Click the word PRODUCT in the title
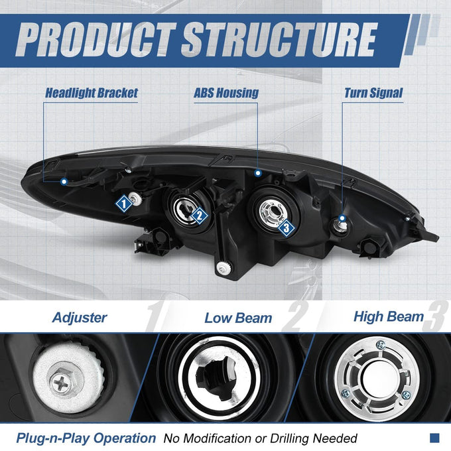click(x=96, y=39)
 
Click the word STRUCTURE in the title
click(x=279, y=39)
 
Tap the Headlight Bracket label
click(x=92, y=93)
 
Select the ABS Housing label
click(x=226, y=93)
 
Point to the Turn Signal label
click(x=373, y=93)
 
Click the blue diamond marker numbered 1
click(x=124, y=204)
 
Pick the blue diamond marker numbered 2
click(x=200, y=216)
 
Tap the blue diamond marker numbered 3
click(x=287, y=228)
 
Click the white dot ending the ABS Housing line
click(x=258, y=173)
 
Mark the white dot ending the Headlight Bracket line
click(x=64, y=182)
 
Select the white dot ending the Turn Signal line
click(x=342, y=218)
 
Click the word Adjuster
click(x=80, y=318)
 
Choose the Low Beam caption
click(x=238, y=318)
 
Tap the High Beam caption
click(x=389, y=316)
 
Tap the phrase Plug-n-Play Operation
click(x=86, y=438)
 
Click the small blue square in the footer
click(x=434, y=438)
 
